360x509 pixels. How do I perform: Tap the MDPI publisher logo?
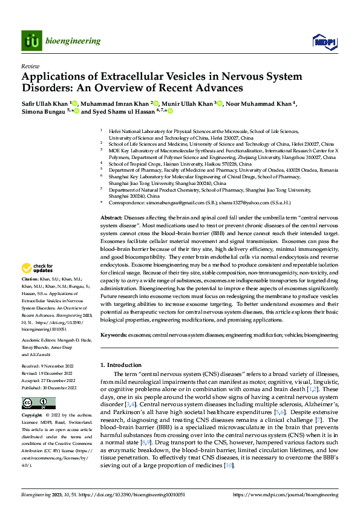322,41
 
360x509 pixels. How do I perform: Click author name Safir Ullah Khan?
45,103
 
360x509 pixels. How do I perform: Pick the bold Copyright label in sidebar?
31,417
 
